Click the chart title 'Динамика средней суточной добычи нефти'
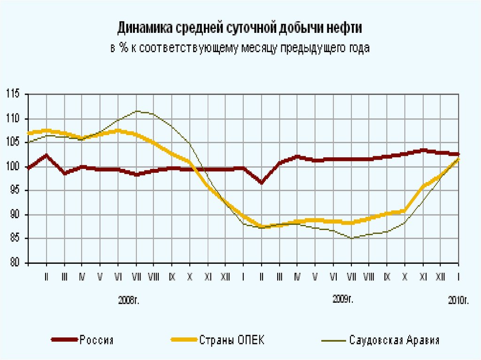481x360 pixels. coord(240,28)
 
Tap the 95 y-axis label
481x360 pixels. coord(14,191)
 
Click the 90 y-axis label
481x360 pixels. coord(14,215)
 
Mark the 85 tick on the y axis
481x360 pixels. coord(14,239)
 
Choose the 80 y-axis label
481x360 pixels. coord(14,263)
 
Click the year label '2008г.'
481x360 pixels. coord(128,299)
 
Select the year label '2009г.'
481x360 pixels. coord(342,298)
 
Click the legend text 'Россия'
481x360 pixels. coord(96,340)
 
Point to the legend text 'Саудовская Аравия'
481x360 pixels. coord(395,340)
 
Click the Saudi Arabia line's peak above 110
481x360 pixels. coord(137,111)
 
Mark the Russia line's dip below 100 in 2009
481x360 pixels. coord(262,183)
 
